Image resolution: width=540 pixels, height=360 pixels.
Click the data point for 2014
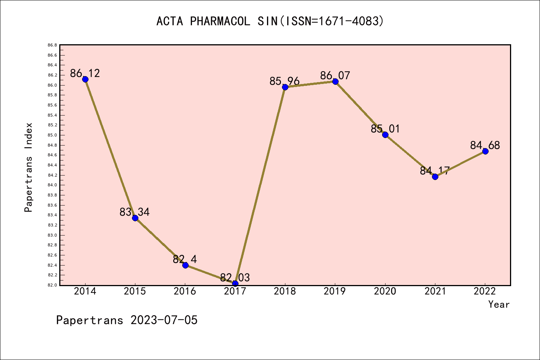pos(85,79)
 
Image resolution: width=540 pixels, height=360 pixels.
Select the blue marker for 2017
pos(235,283)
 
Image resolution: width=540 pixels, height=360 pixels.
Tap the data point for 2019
pos(335,81)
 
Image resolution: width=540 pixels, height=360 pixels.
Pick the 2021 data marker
pos(435,177)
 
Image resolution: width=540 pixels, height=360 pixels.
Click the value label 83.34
pos(135,212)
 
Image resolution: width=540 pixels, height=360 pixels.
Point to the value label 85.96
pos(285,81)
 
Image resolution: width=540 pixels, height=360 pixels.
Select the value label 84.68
pos(485,145)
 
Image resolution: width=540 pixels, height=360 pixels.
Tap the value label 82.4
pos(185,259)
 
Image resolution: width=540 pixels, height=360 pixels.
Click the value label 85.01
pos(385,129)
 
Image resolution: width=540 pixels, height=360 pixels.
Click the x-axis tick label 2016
pos(185,291)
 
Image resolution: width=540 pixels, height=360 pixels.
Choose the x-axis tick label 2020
pos(385,291)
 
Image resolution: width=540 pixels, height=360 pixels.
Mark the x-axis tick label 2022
pos(485,291)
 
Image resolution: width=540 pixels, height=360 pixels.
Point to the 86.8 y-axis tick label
pos(52,45)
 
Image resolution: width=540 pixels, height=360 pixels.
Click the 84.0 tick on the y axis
pos(52,185)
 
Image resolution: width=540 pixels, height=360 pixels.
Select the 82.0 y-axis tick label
pos(52,285)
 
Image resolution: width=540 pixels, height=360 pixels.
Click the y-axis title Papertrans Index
pos(29,167)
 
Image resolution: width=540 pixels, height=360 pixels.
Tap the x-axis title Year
pos(499,304)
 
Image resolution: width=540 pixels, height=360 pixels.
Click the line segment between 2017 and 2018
pos(260,185)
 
